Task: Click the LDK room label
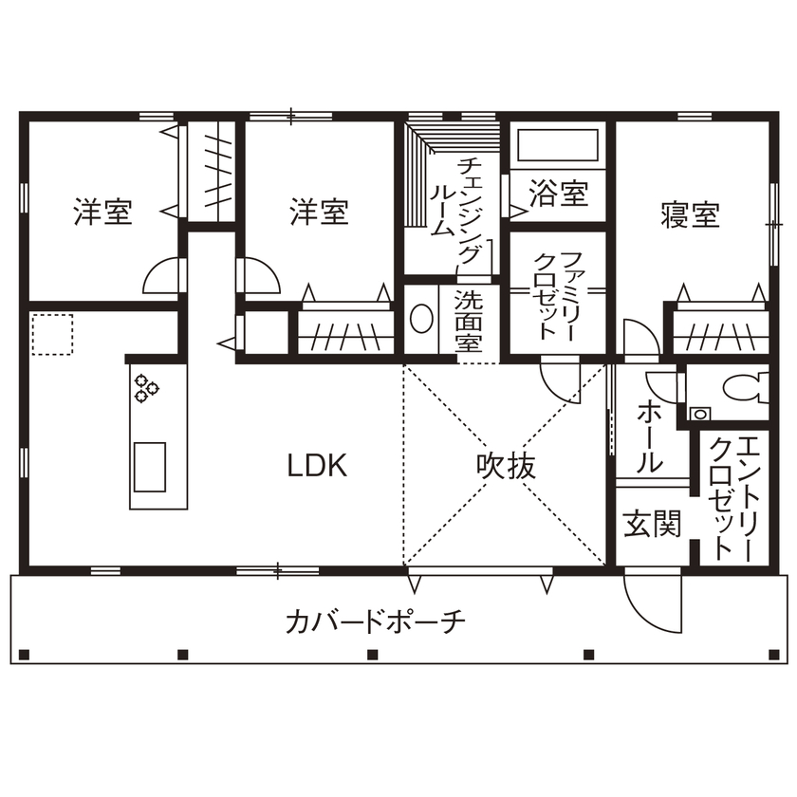(318, 466)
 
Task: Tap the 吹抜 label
(506, 466)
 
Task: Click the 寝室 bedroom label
(690, 214)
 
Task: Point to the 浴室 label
(559, 195)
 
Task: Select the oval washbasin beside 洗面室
(420, 319)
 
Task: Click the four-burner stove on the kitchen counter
(147, 387)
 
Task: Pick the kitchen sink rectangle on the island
(150, 467)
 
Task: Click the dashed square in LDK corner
(52, 335)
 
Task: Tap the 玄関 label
(653, 524)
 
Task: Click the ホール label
(649, 436)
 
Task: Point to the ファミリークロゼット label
(557, 296)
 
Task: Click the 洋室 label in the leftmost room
(102, 212)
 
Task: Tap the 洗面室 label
(467, 320)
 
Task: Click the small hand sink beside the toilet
(700, 414)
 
